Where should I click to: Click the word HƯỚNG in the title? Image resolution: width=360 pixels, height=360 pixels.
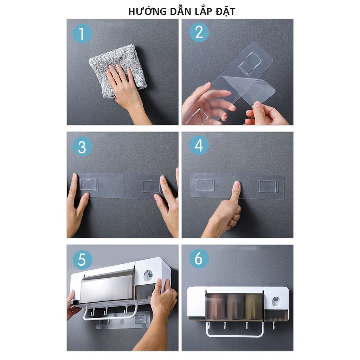pyautogui.click(x=147, y=11)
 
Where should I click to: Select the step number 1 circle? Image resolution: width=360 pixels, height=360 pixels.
pyautogui.click(x=82, y=33)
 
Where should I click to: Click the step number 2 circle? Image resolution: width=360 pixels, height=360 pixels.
pyautogui.click(x=199, y=32)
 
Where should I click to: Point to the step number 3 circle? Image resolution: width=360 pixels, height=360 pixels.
pyautogui.click(x=82, y=147)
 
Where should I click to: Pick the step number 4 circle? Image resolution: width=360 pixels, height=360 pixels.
pyautogui.click(x=199, y=145)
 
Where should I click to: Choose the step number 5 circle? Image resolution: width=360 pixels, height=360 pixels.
pyautogui.click(x=82, y=260)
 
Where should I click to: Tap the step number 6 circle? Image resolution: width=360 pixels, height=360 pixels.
pyautogui.click(x=199, y=258)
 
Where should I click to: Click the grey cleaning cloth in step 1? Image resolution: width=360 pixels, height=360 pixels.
pyautogui.click(x=117, y=69)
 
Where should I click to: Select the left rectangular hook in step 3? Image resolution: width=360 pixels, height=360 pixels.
pyautogui.click(x=89, y=185)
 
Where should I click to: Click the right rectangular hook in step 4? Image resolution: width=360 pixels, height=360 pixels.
pyautogui.click(x=268, y=186)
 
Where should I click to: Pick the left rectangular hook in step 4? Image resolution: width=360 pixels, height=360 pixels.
pyautogui.click(x=205, y=185)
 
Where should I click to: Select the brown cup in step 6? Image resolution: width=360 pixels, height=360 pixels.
pyautogui.click(x=216, y=307)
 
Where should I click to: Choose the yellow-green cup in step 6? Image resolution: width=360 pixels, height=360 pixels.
pyautogui.click(x=253, y=307)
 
